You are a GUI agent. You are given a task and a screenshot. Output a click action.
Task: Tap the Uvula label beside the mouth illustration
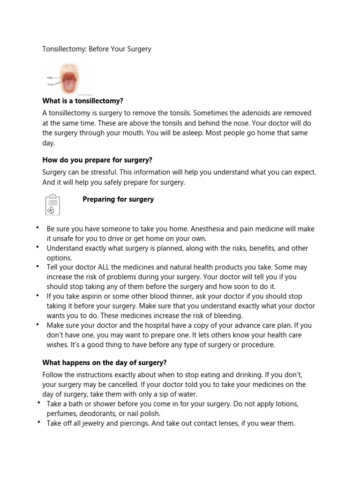pyautogui.click(x=49, y=77)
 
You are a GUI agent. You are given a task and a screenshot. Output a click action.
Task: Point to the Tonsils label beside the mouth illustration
pyautogui.click(x=50, y=84)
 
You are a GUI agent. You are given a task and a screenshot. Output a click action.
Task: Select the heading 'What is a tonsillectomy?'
pyautogui.click(x=82, y=101)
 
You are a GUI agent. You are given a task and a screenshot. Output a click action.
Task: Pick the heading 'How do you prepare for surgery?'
pyautogui.click(x=97, y=160)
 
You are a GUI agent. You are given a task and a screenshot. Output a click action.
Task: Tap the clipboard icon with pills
pyautogui.click(x=52, y=204)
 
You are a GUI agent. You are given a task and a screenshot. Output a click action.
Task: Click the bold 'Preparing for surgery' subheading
pyautogui.click(x=118, y=199)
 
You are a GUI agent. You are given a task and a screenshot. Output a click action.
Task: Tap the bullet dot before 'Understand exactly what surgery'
pyautogui.click(x=37, y=246)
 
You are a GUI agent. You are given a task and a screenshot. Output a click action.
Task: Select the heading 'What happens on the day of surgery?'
pyautogui.click(x=105, y=362)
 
